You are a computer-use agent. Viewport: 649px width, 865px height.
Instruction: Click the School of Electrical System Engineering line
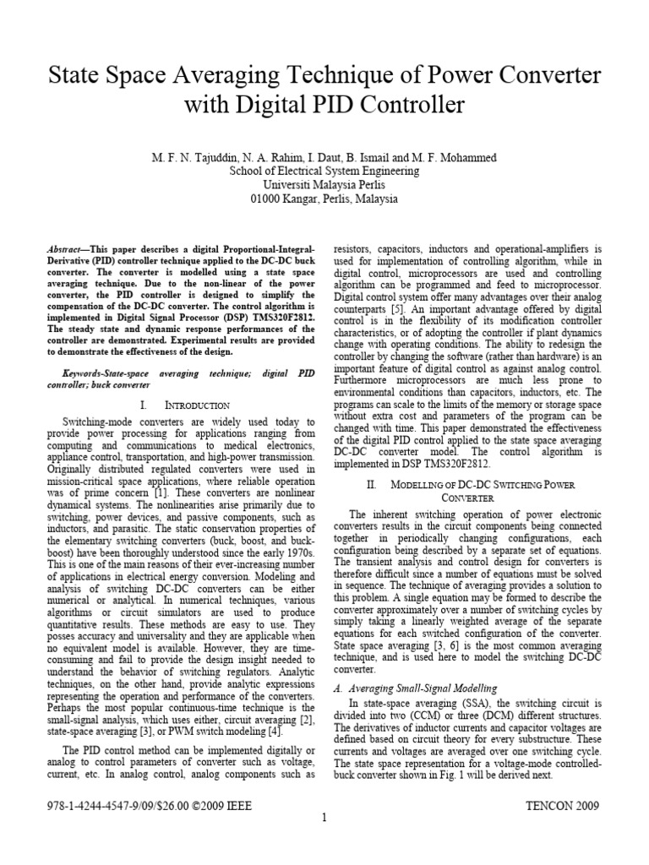[324, 171]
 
